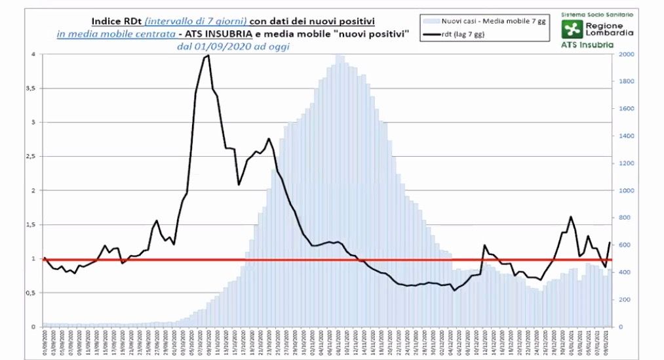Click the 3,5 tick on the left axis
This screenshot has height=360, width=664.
pos(33,89)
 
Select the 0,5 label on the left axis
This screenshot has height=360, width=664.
pos(33,292)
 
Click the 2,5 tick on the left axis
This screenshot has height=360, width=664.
pos(33,157)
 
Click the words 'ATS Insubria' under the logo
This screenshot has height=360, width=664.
pos(587,45)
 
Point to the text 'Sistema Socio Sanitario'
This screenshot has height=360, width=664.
pos(589,13)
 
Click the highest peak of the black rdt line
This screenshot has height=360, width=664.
pos(208,56)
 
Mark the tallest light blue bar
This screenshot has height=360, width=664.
pos(338,57)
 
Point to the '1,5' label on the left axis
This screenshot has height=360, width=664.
pos(33,225)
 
